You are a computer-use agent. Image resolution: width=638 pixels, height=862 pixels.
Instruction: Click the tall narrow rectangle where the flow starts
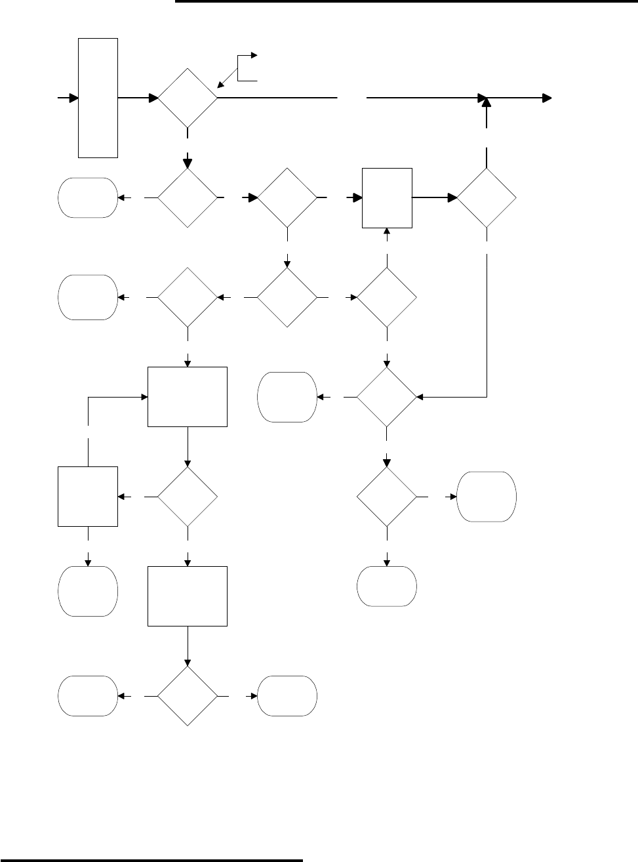click(98, 98)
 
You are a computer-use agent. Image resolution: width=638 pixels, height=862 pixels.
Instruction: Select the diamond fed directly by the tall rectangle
click(188, 98)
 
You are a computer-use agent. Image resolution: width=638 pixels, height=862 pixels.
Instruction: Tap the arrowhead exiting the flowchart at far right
click(546, 98)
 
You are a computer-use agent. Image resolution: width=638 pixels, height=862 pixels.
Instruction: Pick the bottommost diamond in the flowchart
click(188, 696)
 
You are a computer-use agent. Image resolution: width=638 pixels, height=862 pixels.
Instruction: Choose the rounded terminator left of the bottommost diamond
click(88, 696)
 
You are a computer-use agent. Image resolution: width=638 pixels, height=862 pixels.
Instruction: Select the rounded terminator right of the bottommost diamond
click(288, 696)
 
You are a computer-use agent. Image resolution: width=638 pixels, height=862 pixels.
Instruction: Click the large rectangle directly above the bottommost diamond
click(188, 596)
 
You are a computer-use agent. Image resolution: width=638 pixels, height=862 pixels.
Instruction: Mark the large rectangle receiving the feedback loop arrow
click(188, 397)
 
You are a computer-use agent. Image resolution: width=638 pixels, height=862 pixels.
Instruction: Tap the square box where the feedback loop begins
click(88, 497)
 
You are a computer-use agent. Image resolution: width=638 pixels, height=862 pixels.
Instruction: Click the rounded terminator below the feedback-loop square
click(88, 592)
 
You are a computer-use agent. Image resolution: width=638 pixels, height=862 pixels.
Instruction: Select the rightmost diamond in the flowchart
click(487, 197)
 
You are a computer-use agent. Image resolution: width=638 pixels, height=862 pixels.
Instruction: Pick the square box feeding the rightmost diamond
click(388, 197)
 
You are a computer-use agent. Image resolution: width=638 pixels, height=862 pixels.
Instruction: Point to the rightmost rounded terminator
click(487, 497)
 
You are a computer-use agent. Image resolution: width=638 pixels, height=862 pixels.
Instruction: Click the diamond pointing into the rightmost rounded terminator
click(387, 497)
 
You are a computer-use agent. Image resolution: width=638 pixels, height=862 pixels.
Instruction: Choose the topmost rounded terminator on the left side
click(88, 197)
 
